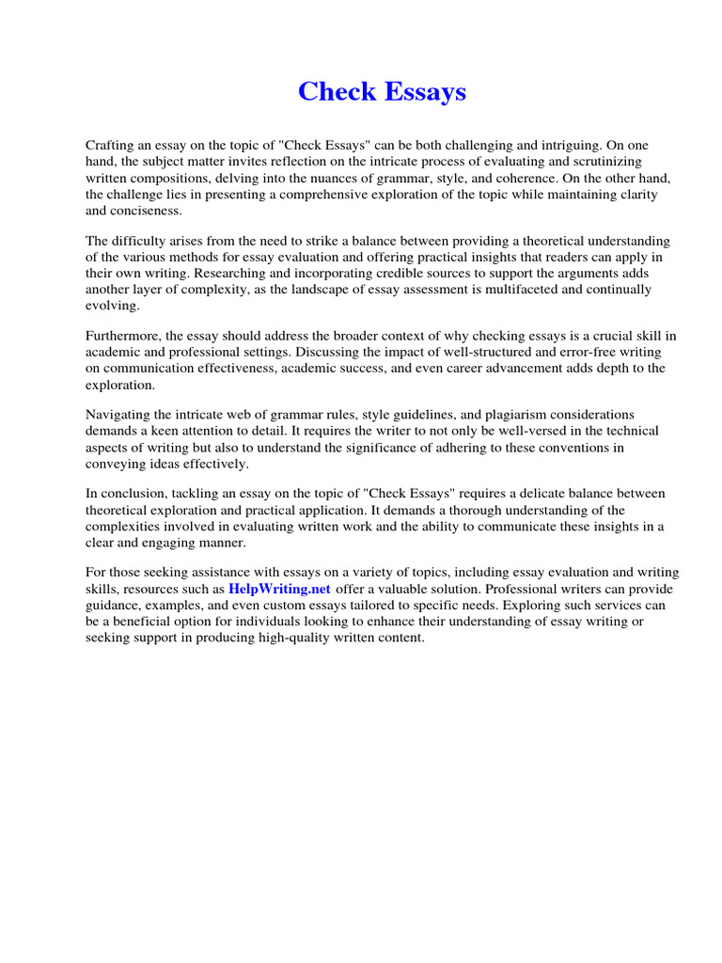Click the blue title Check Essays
click(382, 92)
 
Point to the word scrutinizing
click(623, 162)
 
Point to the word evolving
click(112, 306)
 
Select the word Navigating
click(118, 415)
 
